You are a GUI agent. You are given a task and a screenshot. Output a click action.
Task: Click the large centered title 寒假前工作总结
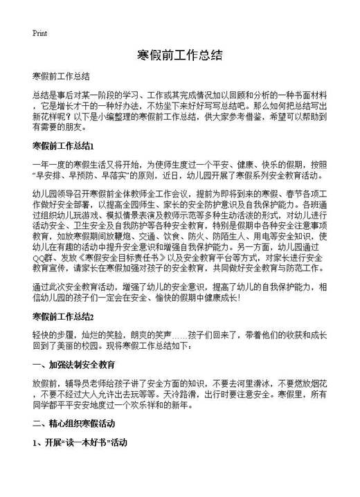179,54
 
